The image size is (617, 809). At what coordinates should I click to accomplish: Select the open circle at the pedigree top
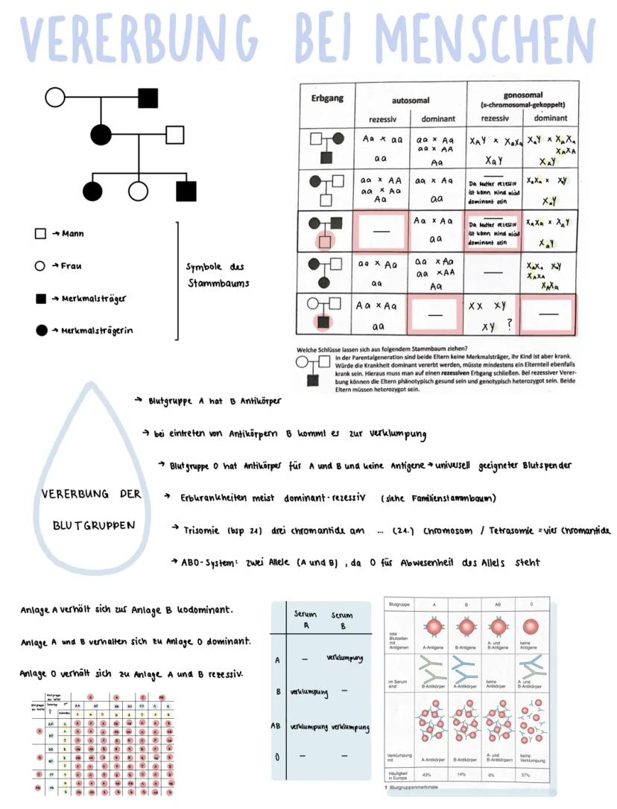click(x=55, y=97)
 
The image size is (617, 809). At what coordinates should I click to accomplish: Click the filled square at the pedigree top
click(x=148, y=97)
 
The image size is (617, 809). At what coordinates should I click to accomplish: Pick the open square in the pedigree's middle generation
click(x=174, y=135)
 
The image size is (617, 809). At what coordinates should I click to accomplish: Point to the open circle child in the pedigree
click(x=138, y=191)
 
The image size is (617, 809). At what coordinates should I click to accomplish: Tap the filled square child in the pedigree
click(x=186, y=191)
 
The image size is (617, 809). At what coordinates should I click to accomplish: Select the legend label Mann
click(x=72, y=233)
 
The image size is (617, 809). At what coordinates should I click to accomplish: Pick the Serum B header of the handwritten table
click(x=342, y=621)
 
